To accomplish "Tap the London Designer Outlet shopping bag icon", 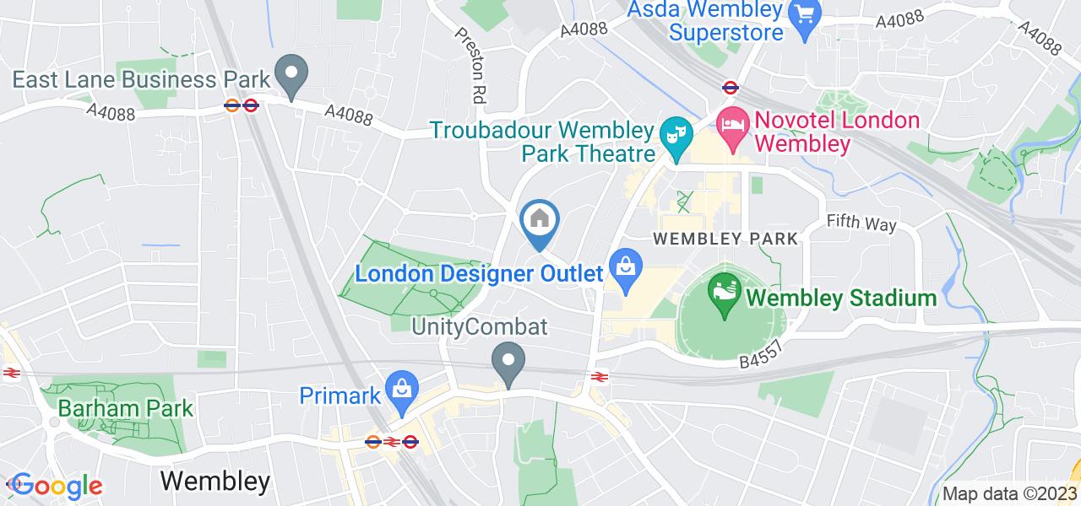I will pos(626,267).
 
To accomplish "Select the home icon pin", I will pos(539,221).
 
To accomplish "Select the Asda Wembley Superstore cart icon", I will pos(804,16).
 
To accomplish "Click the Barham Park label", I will pos(126,409).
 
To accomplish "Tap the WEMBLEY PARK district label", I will pos(725,240).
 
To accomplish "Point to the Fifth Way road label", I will pos(861,224).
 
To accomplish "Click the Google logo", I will pos(56,487).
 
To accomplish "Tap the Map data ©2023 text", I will pos(1008,494).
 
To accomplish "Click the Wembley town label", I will pos(215,482).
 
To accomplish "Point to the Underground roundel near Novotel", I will pos(731,86).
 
